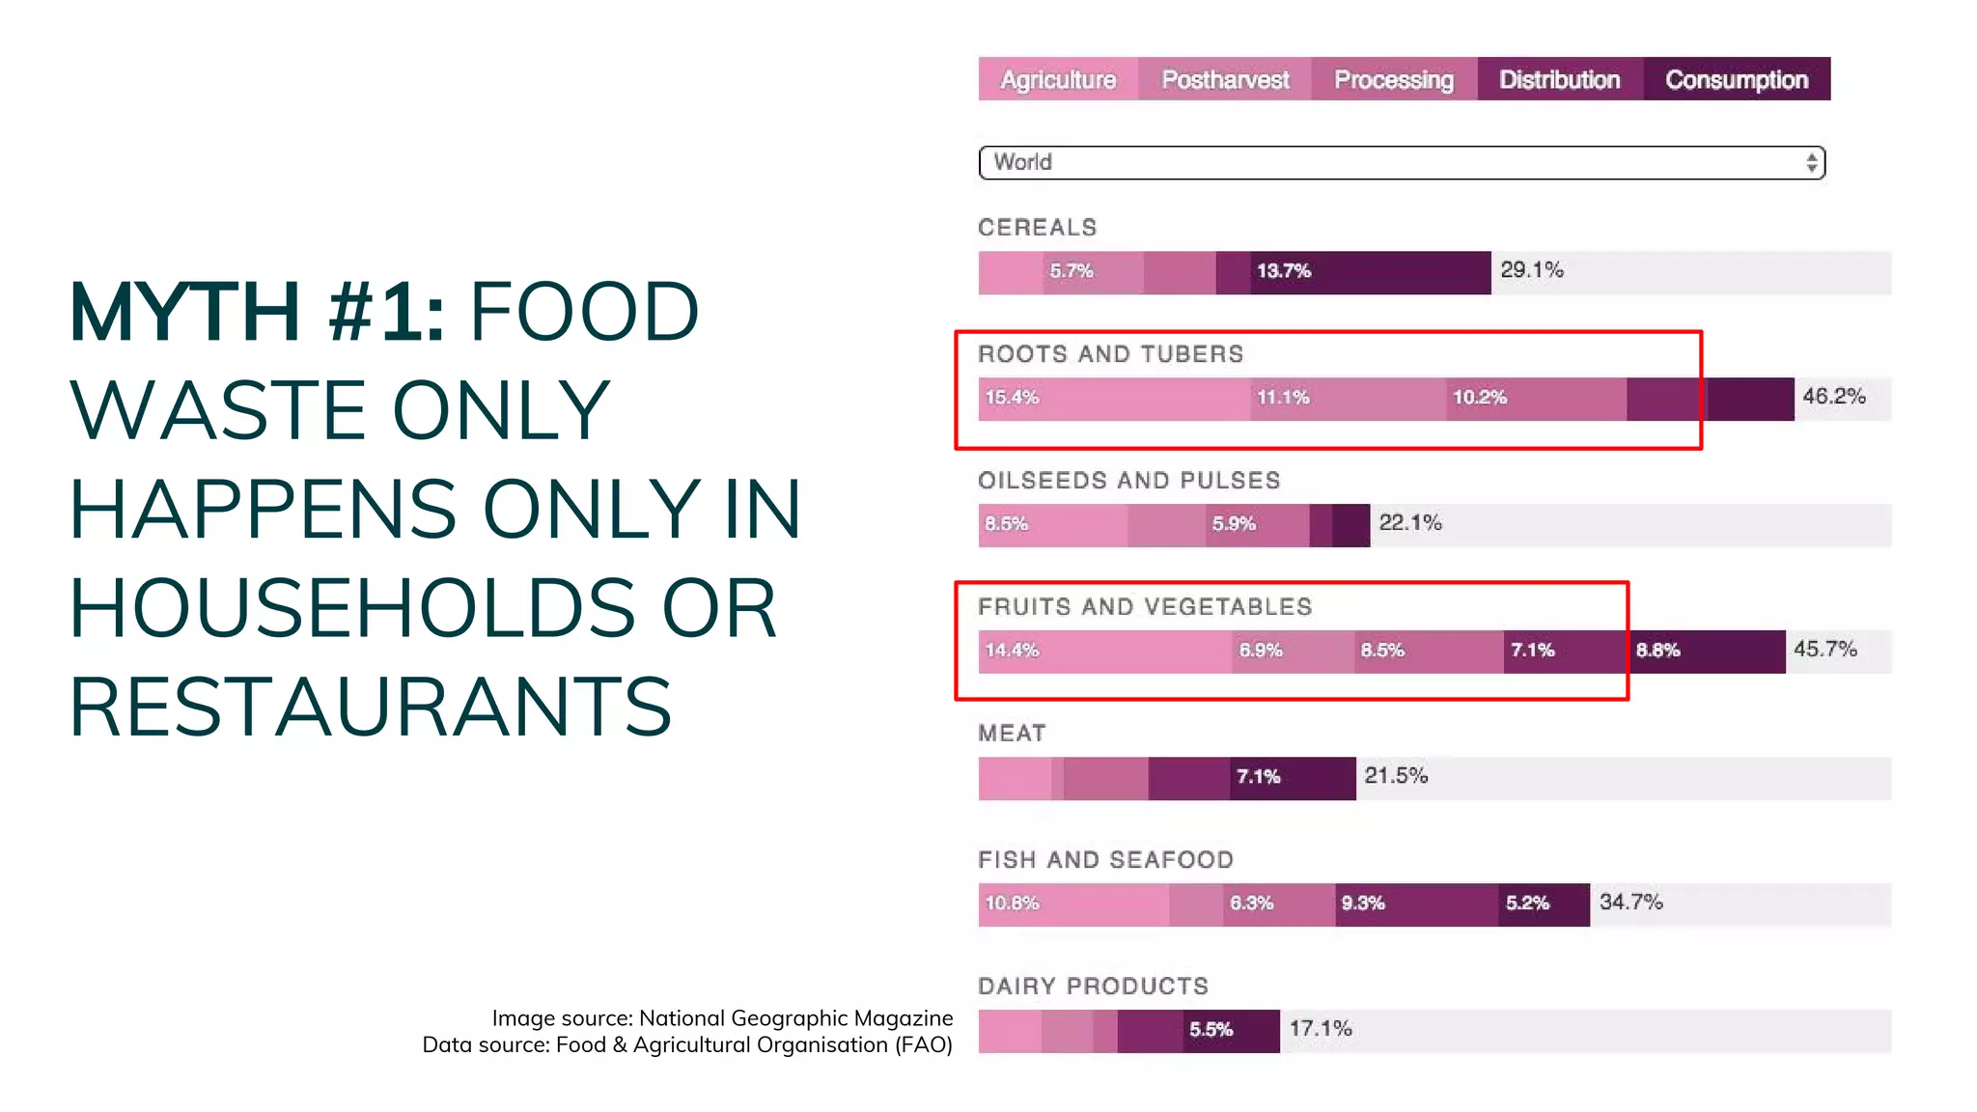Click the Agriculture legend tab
pyautogui.click(x=1058, y=79)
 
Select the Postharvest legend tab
pyautogui.click(x=1224, y=79)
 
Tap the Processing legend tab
pyautogui.click(x=1393, y=79)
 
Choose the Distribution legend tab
pyautogui.click(x=1559, y=79)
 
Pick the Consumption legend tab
pyautogui.click(x=1736, y=79)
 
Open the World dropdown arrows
pyautogui.click(x=1811, y=162)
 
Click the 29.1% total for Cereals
pyautogui.click(x=1531, y=270)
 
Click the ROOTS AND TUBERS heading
pyautogui.click(x=1110, y=354)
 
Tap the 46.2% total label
pyautogui.click(x=1833, y=397)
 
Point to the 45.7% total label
pyautogui.click(x=1824, y=650)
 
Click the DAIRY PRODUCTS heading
pyautogui.click(x=1093, y=987)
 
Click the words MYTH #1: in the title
pyautogui.click(x=257, y=312)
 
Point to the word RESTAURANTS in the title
pyautogui.click(x=370, y=708)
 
